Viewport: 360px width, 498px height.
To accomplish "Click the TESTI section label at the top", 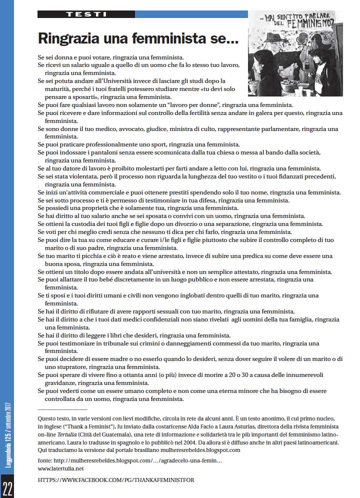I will (x=85, y=14).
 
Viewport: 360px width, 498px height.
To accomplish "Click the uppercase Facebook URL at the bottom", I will (x=116, y=480).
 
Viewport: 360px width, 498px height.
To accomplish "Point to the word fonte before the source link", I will (x=46, y=460).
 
